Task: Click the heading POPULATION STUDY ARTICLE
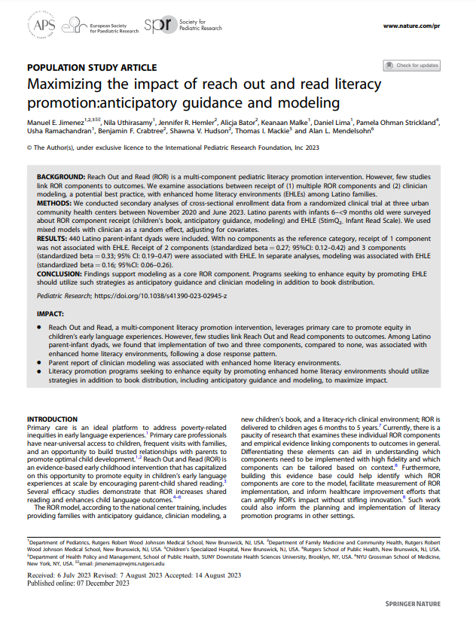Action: click(92, 67)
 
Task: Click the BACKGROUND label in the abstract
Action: click(61, 175)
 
